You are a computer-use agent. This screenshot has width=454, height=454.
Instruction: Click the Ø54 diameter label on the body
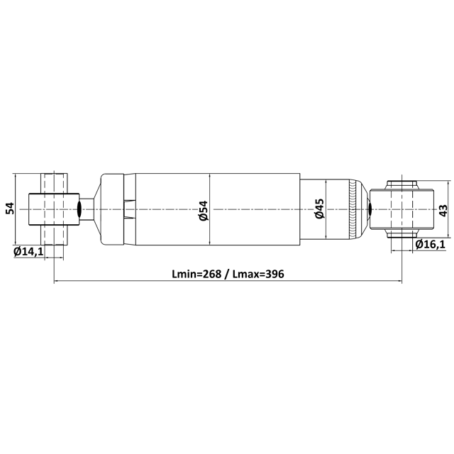click(204, 211)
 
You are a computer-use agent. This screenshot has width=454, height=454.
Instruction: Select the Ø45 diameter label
click(320, 209)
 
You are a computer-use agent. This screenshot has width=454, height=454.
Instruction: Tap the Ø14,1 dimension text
click(28, 252)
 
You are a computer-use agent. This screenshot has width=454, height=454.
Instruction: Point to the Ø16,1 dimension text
click(430, 245)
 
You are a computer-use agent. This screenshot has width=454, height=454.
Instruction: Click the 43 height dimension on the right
click(443, 211)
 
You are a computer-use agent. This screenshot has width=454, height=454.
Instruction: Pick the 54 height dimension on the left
click(10, 209)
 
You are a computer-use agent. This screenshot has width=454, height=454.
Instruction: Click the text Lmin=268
click(196, 274)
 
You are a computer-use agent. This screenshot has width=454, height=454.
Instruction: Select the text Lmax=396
click(258, 274)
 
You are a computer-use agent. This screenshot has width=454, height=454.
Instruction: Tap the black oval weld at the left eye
click(79, 209)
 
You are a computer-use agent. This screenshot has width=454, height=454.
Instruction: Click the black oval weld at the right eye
click(370, 209)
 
